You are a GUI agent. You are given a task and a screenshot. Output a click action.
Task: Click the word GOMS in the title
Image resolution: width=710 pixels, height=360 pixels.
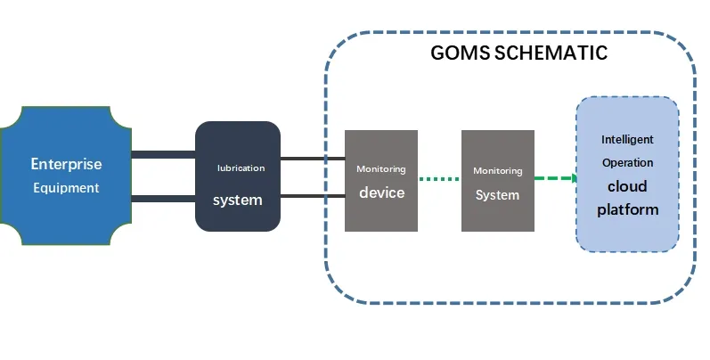[x=459, y=53]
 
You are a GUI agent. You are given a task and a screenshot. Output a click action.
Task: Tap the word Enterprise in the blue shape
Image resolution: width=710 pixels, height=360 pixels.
[x=66, y=164]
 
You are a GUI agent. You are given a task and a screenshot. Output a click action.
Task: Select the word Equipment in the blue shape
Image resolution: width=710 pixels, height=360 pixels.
[x=66, y=188]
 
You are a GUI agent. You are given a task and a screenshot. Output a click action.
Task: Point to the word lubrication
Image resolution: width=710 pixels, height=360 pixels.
[x=241, y=168]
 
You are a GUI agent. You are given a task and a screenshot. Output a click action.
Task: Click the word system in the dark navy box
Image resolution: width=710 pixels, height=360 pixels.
[x=237, y=200]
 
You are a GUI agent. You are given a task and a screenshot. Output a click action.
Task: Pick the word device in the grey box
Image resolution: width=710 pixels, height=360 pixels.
[x=381, y=192]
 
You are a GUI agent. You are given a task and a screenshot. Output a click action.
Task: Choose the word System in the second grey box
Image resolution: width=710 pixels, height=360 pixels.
[x=497, y=195]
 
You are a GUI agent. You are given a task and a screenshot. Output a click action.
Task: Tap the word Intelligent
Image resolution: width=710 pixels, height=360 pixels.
[x=627, y=140]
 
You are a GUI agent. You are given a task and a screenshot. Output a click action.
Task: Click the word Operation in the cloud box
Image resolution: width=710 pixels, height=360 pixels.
[x=627, y=163]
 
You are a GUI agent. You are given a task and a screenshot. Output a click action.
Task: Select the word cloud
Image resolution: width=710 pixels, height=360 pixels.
[x=627, y=187]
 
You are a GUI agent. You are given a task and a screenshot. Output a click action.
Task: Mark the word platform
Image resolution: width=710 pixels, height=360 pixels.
[x=627, y=210]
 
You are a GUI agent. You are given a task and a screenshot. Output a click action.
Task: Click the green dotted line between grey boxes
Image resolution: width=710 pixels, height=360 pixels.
[x=439, y=179]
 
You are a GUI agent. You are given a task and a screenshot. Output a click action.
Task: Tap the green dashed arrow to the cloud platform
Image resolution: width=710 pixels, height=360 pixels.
[x=555, y=178]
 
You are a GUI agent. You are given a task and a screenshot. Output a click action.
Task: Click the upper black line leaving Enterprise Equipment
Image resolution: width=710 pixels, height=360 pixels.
[x=163, y=155]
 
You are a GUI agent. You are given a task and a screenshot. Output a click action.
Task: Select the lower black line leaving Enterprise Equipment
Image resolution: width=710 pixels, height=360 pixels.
[x=163, y=199]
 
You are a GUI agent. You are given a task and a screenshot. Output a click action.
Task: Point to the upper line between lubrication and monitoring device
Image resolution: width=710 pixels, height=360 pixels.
[x=312, y=159]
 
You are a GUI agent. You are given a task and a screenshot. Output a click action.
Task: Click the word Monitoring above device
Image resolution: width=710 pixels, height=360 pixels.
[x=381, y=169]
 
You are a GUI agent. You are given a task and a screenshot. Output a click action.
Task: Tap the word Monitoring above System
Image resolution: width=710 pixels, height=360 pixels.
[x=497, y=171]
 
